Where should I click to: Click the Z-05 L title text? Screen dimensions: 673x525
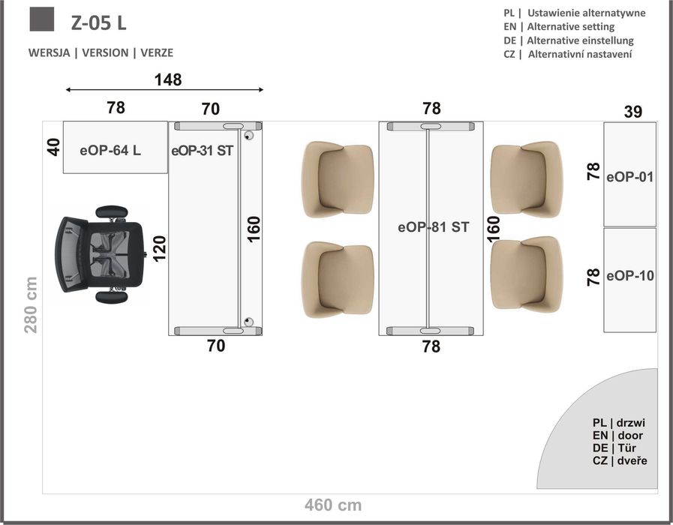click(x=99, y=22)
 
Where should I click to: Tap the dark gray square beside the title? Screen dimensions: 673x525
click(x=42, y=19)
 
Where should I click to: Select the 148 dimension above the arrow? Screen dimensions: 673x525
click(x=168, y=79)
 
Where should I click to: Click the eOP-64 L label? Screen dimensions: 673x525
click(x=110, y=151)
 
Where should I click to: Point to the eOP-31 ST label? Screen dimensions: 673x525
click(x=202, y=151)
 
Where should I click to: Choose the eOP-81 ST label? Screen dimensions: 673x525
click(x=433, y=227)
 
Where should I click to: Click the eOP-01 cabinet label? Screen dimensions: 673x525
click(x=629, y=177)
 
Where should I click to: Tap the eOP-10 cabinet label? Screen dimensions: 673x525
click(x=630, y=276)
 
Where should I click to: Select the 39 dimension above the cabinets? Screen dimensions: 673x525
click(x=633, y=112)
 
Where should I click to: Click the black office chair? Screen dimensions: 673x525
click(x=101, y=254)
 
